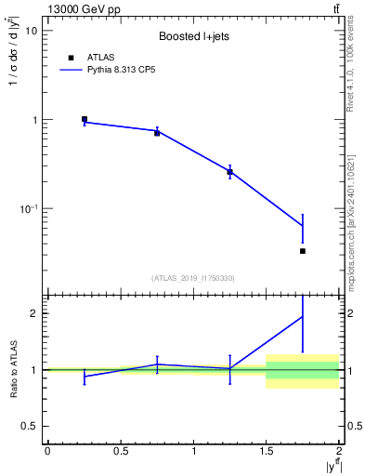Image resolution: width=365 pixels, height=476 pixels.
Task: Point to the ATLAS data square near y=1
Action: (85, 119)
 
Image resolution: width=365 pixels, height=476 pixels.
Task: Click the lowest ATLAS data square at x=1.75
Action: (303, 251)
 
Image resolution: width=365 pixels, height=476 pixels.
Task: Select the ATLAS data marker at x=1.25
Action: (230, 172)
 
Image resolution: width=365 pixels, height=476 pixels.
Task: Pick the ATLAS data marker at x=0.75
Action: (157, 133)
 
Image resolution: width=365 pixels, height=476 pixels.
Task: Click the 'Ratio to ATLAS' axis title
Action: (13, 369)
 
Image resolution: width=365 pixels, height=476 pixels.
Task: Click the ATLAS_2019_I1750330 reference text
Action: (192, 278)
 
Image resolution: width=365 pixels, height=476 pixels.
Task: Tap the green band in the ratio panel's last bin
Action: (303, 370)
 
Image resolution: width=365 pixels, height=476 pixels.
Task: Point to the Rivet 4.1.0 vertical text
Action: (351, 75)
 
